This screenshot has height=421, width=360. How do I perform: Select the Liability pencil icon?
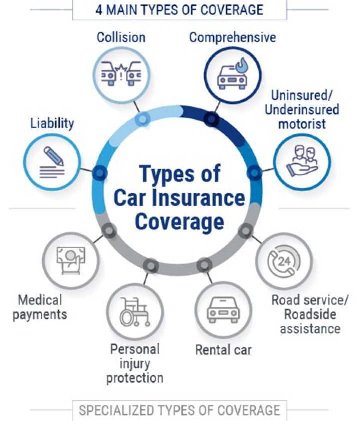[52, 161]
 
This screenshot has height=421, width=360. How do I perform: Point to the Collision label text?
[121, 37]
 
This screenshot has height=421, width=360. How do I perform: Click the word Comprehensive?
[232, 37]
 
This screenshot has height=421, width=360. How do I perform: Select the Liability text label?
[52, 123]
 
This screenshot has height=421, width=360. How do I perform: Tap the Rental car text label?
[223, 349]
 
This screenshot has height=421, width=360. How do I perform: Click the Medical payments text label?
[40, 307]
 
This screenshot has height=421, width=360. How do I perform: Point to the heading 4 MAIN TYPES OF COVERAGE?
[179, 10]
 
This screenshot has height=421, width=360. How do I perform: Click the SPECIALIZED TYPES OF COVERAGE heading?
[179, 410]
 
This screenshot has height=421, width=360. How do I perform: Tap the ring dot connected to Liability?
[101, 173]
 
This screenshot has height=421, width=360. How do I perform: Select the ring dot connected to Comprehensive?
[212, 119]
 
